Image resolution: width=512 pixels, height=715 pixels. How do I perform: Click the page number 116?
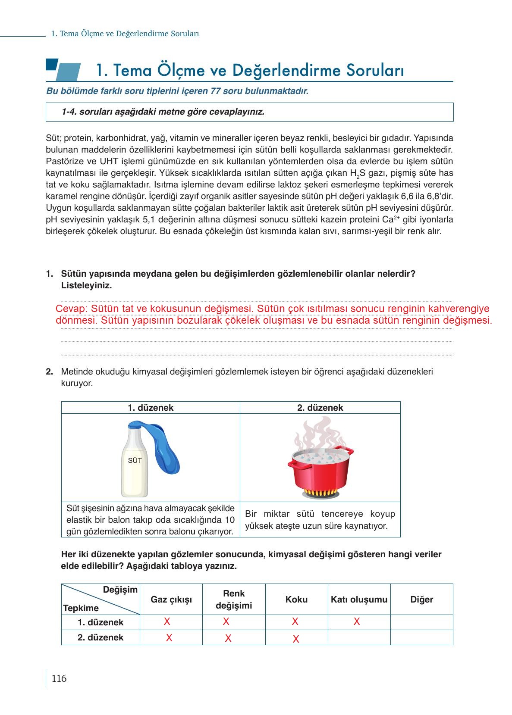(x=59, y=679)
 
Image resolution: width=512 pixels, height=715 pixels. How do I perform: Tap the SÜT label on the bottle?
(x=135, y=460)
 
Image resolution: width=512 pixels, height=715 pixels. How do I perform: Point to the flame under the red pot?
(x=320, y=492)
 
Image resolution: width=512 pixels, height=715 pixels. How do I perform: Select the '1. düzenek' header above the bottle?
(x=151, y=408)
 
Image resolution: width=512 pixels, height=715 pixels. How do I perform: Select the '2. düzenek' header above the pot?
(x=320, y=408)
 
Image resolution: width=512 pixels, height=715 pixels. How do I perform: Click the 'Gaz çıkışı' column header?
(x=171, y=599)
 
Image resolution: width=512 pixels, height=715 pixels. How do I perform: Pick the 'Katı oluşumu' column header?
(x=359, y=599)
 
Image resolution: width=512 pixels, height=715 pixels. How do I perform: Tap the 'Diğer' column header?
(x=421, y=599)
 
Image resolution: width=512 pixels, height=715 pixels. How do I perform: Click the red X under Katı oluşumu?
(x=357, y=621)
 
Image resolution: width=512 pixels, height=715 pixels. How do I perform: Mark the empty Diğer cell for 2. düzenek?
(x=421, y=637)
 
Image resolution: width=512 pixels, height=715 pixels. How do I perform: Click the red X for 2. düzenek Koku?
(x=295, y=639)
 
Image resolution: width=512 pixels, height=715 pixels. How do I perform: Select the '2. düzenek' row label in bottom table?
(x=101, y=637)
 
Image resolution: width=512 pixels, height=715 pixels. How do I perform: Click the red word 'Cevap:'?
(x=72, y=309)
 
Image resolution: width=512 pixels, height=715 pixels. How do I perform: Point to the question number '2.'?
(x=50, y=372)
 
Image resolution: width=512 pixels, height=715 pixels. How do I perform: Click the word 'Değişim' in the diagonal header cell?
(x=120, y=590)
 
